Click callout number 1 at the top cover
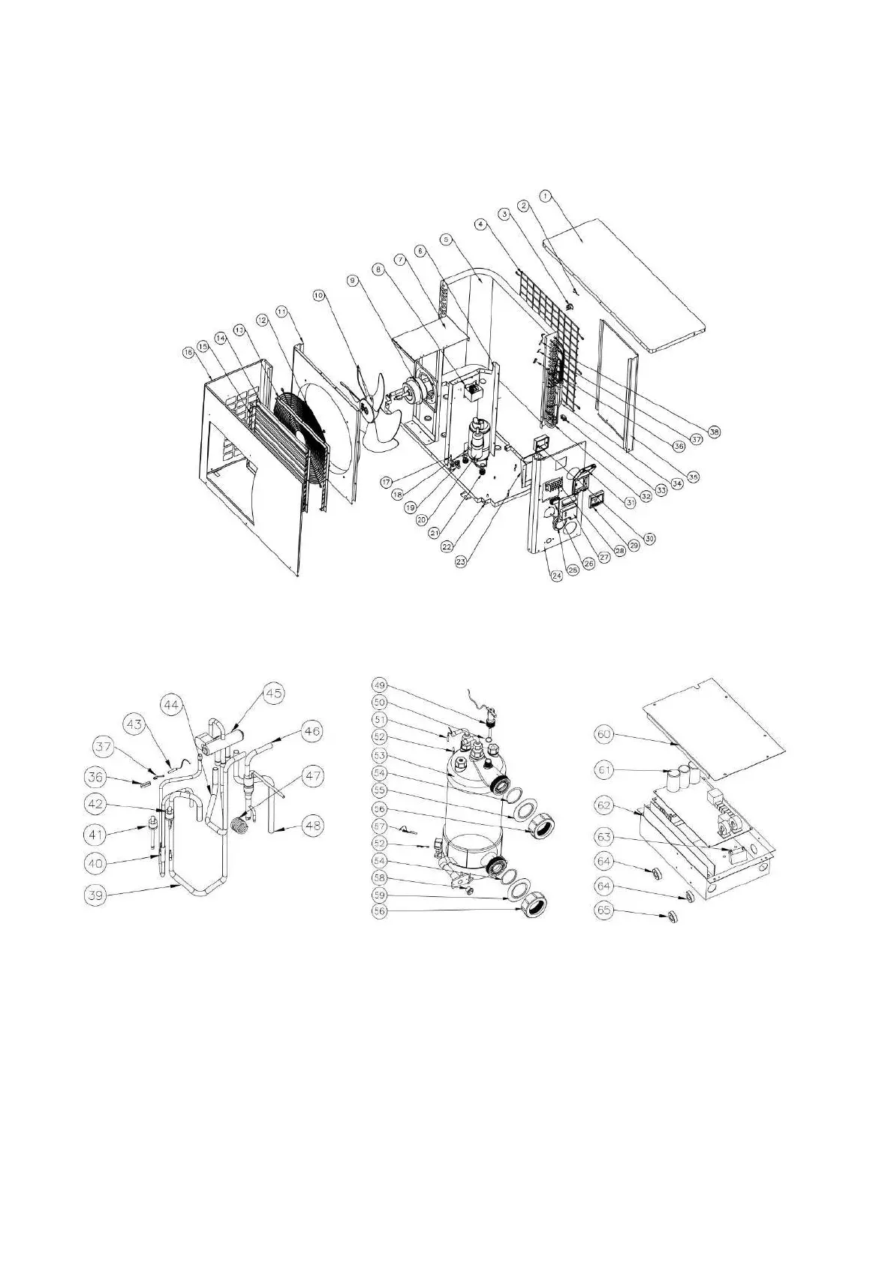(546, 195)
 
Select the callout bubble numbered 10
(319, 296)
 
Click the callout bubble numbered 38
(713, 432)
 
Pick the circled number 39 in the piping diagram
(101, 895)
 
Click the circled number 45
(275, 694)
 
